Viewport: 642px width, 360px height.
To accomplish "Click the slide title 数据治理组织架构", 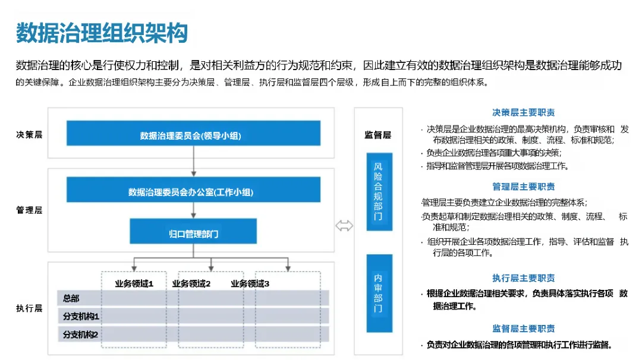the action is pyautogui.click(x=102, y=33).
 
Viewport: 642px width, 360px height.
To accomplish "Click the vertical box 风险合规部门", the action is pyautogui.click(x=379, y=191).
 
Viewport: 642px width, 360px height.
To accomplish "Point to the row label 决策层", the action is pyautogui.click(x=29, y=134).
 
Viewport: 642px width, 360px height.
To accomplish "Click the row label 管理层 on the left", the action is pyautogui.click(x=29, y=210).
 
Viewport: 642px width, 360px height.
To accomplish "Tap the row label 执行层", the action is pyautogui.click(x=29, y=308).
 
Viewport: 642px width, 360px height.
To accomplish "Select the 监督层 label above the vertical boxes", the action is pyautogui.click(x=378, y=135).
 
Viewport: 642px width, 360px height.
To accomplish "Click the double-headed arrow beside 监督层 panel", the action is pyautogui.click(x=344, y=225).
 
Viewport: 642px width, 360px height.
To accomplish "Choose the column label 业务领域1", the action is pyautogui.click(x=134, y=283).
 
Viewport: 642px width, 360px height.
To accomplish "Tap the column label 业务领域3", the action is pyautogui.click(x=250, y=283).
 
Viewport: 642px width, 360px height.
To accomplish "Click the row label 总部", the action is pyautogui.click(x=71, y=298).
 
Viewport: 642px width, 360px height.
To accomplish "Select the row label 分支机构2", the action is pyautogui.click(x=81, y=334).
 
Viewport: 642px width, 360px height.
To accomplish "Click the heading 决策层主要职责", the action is pyautogui.click(x=524, y=112).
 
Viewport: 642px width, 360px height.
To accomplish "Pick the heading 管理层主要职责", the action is pyautogui.click(x=524, y=187).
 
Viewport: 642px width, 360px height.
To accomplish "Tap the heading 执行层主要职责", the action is pyautogui.click(x=524, y=278).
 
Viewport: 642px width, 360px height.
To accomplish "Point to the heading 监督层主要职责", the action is pyautogui.click(x=524, y=329).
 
